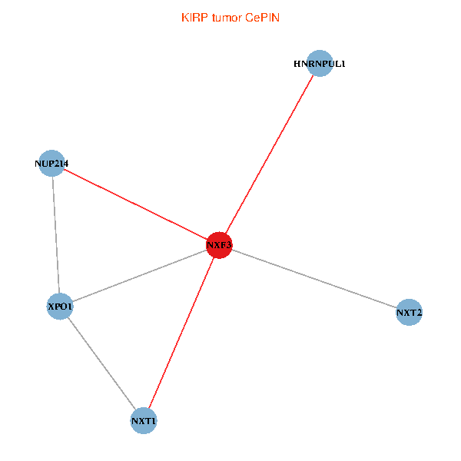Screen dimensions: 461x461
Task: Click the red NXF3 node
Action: tap(219, 245)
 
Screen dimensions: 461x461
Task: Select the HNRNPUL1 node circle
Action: tap(320, 63)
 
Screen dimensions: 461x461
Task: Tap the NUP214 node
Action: tap(51, 163)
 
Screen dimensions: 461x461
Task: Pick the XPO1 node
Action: tap(60, 307)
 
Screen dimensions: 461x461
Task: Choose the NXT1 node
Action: tap(144, 421)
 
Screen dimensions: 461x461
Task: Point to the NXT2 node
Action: tap(410, 313)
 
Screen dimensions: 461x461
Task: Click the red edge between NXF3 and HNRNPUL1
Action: tap(269, 154)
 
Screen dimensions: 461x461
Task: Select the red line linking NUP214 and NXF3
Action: tap(134, 204)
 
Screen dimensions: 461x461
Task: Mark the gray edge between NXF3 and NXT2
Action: tap(314, 279)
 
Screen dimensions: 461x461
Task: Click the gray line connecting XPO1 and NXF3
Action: tap(139, 277)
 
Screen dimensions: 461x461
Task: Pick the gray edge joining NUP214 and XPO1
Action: tap(55, 235)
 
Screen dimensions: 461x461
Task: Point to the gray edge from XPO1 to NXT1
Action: tap(101, 364)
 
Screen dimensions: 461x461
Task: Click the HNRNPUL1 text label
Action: tap(320, 63)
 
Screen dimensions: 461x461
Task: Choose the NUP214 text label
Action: tap(52, 163)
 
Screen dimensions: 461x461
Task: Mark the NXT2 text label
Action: tap(410, 313)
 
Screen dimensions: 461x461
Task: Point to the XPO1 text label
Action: tap(60, 307)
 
